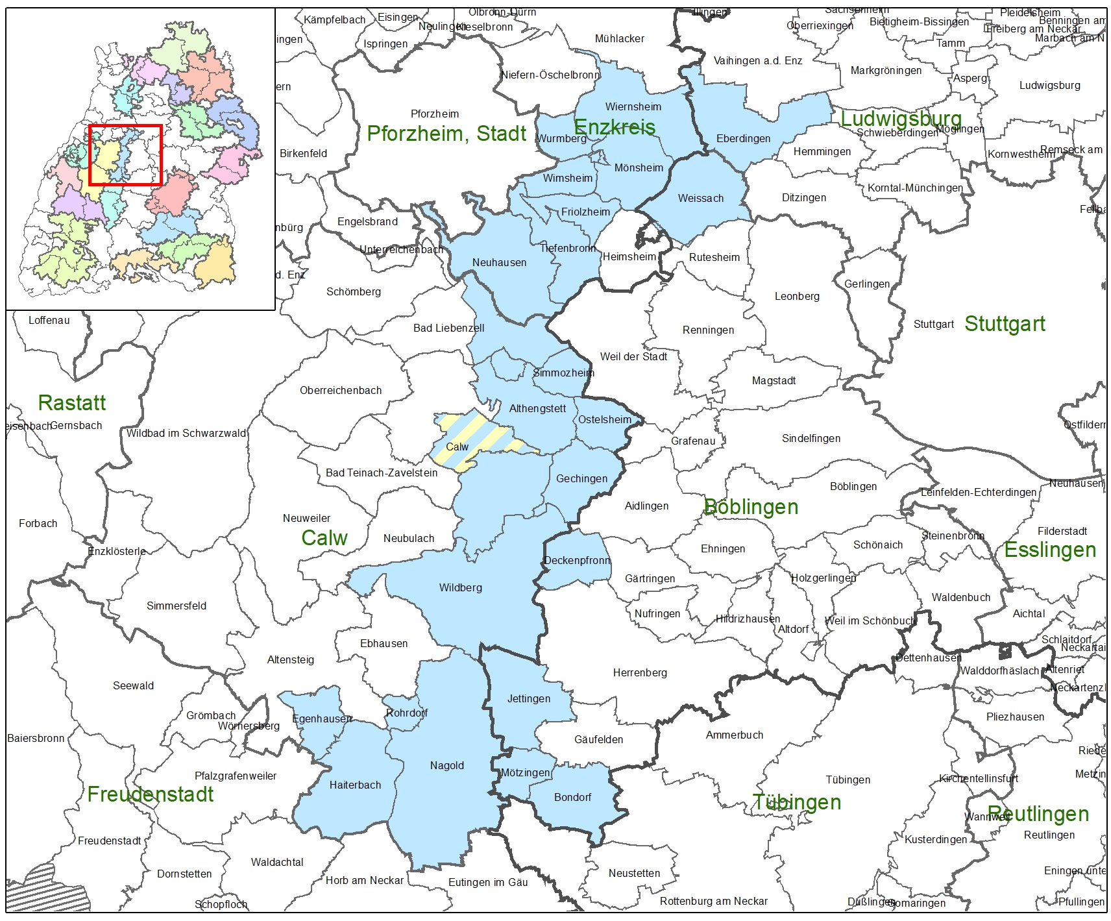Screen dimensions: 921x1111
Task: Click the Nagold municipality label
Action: click(x=446, y=766)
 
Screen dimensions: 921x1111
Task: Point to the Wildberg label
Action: click(x=460, y=588)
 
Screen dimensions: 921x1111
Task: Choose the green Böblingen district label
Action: click(x=751, y=507)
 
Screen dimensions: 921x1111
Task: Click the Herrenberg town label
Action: click(x=639, y=673)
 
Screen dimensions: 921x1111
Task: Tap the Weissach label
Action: click(x=700, y=199)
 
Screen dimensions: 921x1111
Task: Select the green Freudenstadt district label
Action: click(x=150, y=794)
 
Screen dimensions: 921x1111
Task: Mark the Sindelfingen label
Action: click(x=811, y=439)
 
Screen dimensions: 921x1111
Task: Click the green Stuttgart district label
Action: click(x=1005, y=324)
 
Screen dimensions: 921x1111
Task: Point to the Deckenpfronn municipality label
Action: click(x=577, y=561)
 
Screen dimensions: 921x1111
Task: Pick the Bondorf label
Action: click(x=572, y=798)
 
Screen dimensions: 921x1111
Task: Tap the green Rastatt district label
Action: click(x=71, y=403)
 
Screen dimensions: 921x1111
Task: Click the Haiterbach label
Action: click(x=355, y=785)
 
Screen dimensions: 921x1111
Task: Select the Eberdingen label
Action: click(x=743, y=139)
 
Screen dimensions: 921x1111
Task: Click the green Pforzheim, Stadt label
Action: click(x=446, y=134)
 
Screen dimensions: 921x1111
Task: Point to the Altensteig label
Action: click(x=290, y=660)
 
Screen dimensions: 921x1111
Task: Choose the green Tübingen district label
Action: click(x=796, y=803)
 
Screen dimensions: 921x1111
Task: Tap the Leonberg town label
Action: click(x=797, y=297)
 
